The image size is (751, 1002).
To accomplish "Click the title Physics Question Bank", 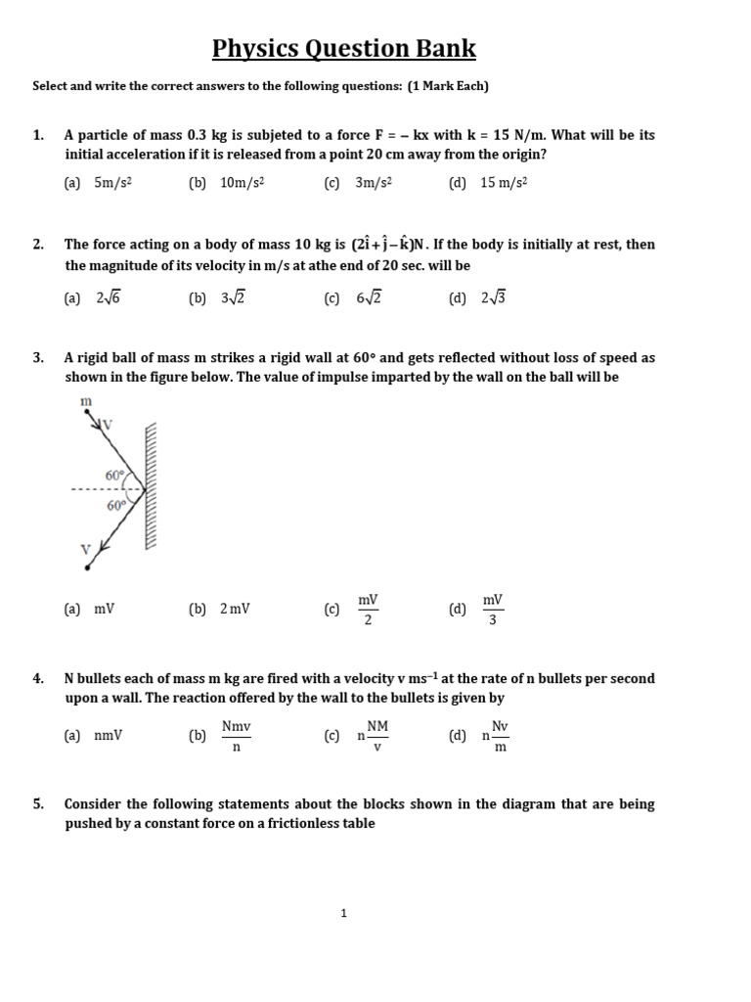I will (344, 48).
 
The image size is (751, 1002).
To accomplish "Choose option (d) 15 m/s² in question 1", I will (488, 182).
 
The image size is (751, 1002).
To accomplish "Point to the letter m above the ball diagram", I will (84, 402).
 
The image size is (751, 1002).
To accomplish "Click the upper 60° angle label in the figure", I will (114, 475).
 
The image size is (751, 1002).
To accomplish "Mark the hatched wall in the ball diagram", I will (152, 487).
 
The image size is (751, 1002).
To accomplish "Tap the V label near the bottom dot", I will (85, 549).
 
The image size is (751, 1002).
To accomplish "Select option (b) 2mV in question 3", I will (221, 609).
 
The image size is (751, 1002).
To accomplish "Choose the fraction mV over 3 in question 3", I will (492, 609).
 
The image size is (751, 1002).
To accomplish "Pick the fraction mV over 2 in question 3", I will (368, 609).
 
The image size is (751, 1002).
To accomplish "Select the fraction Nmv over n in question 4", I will (236, 736).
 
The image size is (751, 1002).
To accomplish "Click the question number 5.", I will (38, 804).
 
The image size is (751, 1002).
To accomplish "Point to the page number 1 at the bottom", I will (344, 913).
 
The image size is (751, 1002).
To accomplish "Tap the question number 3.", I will (38, 358).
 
